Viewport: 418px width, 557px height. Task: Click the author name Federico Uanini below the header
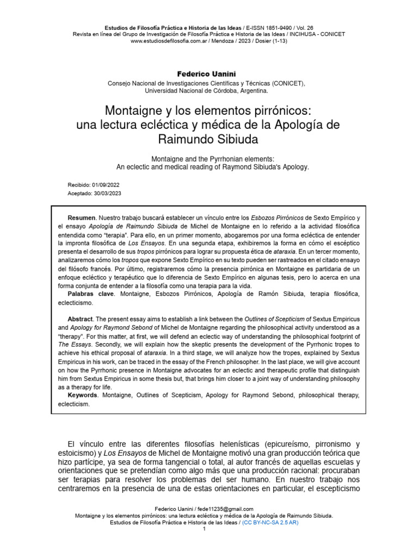click(x=208, y=73)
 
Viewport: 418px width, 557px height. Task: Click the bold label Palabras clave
click(x=90, y=294)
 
